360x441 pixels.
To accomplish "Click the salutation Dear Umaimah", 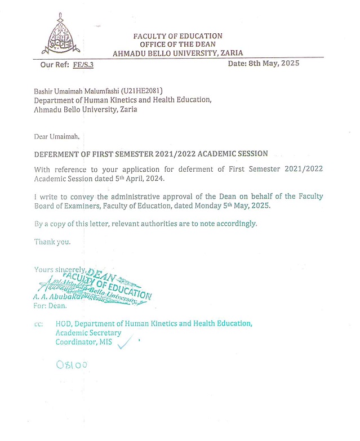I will [x=57, y=137].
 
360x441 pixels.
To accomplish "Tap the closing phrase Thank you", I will [x=53, y=242].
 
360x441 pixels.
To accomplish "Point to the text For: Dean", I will [x=51, y=306].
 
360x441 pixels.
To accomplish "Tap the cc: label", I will [x=38, y=324].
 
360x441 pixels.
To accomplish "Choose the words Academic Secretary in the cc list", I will [x=88, y=333].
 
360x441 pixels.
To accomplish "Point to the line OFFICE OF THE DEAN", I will [x=177, y=44].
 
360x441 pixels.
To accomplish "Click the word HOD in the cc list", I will [x=64, y=324].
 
